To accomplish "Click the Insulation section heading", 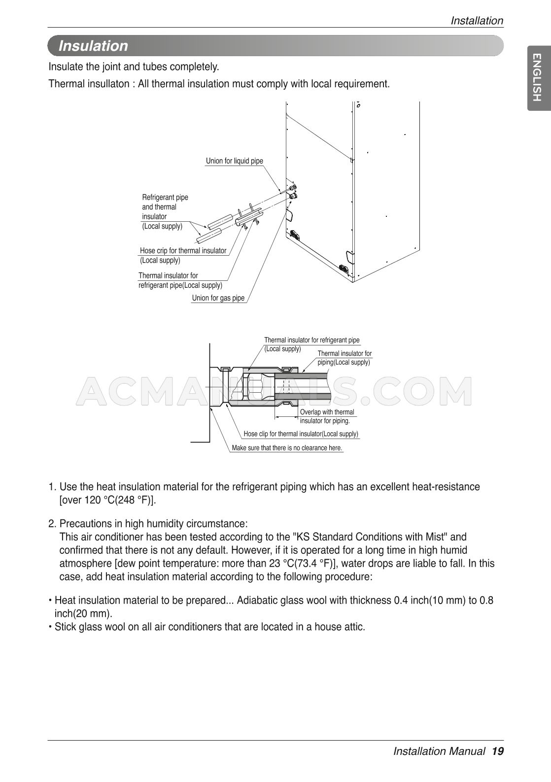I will point(93,46).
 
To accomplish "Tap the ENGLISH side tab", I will point(538,78).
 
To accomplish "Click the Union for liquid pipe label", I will point(234,161).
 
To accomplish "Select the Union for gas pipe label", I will point(218,298).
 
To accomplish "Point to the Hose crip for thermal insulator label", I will point(183,251).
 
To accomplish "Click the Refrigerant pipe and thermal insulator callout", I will point(165,211).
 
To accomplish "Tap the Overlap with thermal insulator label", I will point(327,416).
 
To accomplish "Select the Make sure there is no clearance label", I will point(287,448).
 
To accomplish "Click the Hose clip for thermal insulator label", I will point(301,434).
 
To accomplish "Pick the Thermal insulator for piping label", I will point(344,358).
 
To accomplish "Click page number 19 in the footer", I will point(497,751).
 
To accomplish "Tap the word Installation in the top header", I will point(477,21).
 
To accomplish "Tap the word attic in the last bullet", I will point(354,627).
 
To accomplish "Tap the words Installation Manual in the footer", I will point(439,751).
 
